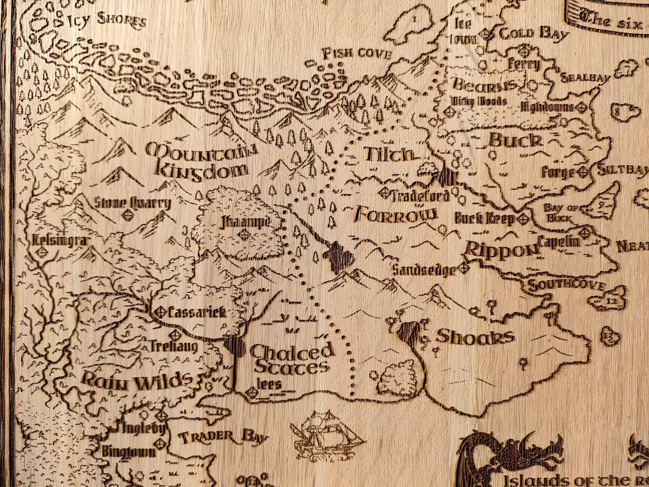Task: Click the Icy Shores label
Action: (106, 21)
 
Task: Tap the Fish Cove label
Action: (356, 54)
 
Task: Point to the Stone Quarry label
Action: (133, 203)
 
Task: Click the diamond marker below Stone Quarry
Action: (128, 215)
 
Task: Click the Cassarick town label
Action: (197, 312)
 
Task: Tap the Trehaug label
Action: (174, 346)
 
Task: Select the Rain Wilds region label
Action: (136, 380)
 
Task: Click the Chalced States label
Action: (290, 359)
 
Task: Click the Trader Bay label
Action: (223, 437)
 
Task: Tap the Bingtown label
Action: (128, 451)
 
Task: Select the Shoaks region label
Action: (474, 337)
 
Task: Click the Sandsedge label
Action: (424, 269)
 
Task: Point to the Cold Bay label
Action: (533, 34)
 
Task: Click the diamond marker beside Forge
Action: (582, 171)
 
